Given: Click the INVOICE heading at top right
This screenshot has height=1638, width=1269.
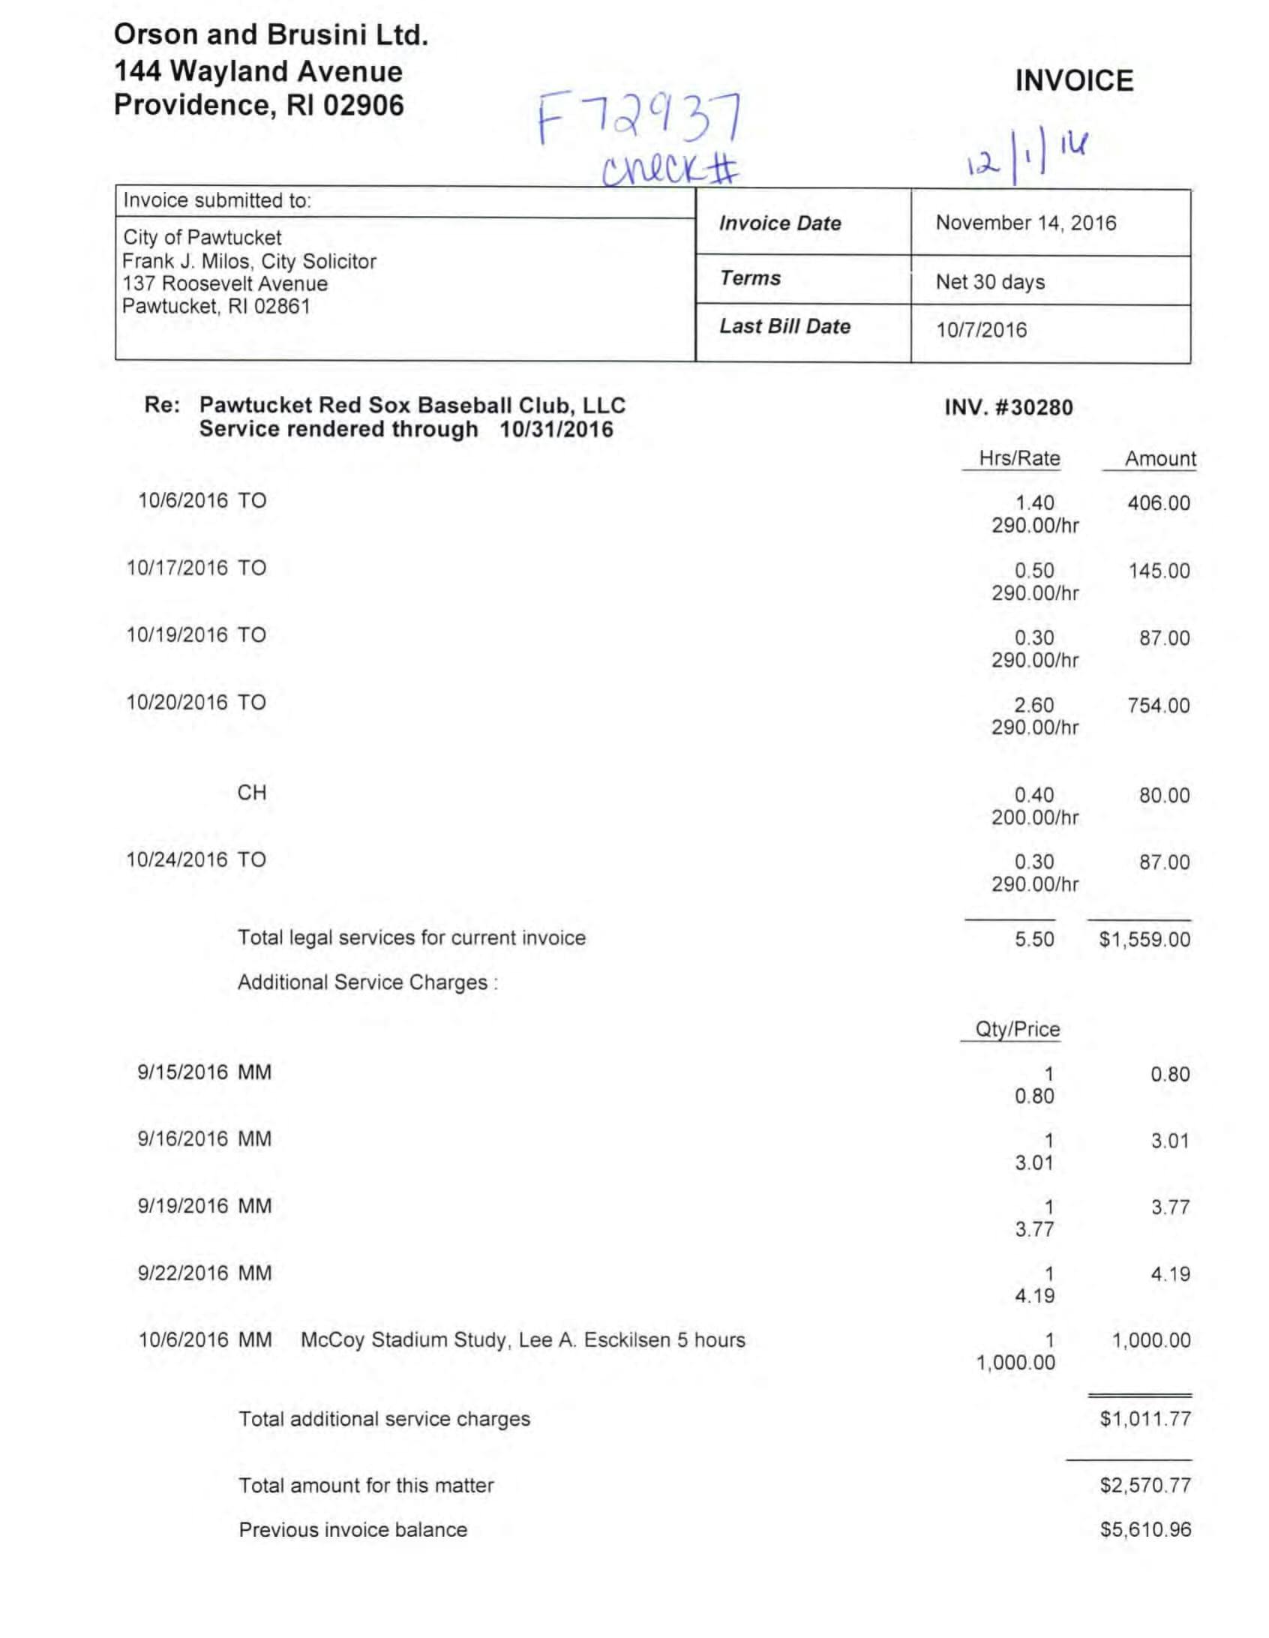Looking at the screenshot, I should [1073, 81].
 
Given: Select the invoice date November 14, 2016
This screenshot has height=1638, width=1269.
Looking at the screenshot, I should [1025, 223].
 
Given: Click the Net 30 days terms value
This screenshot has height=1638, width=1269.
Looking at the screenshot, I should [989, 282].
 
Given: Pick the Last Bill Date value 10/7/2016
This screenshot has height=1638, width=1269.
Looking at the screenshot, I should [980, 330].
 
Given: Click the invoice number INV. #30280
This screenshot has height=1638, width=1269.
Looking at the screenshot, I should [1008, 408].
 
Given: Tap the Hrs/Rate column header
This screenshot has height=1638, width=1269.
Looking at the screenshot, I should [1018, 458].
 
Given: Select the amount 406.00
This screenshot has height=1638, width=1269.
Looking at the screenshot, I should [1158, 503].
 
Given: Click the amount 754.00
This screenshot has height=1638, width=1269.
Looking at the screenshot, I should [1158, 706].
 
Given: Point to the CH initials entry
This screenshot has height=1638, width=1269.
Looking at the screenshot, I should [252, 793].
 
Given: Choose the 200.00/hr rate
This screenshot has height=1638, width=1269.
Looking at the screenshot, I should [1034, 817].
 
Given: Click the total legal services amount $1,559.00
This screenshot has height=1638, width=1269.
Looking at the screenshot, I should [1144, 940].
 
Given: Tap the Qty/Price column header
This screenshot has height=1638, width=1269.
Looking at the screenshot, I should [1017, 1030].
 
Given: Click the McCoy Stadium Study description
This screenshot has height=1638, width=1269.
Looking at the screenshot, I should [523, 1340].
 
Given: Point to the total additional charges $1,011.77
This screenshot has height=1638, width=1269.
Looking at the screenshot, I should [1144, 1419].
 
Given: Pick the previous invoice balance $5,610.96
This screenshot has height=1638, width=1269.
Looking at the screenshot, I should [1144, 1530].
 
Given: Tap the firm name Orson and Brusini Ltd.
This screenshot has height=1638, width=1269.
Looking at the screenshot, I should [271, 35].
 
